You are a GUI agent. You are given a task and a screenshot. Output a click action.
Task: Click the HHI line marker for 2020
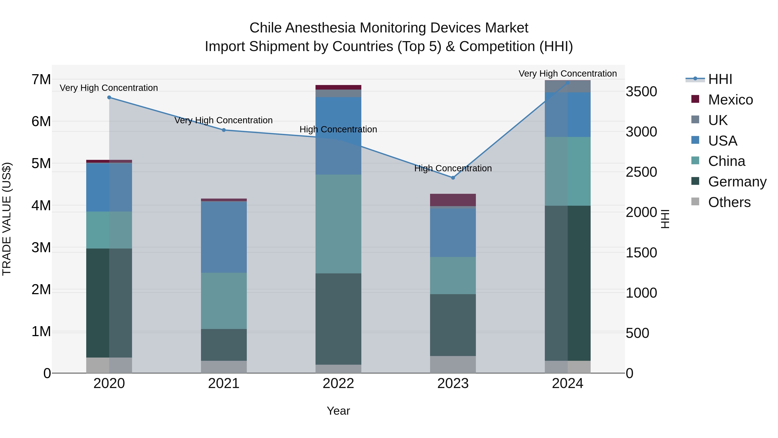pyautogui.click(x=109, y=97)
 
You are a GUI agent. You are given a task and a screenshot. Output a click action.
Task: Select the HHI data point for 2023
pyautogui.click(x=453, y=178)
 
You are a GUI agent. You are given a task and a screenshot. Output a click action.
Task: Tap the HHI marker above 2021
pyautogui.click(x=224, y=130)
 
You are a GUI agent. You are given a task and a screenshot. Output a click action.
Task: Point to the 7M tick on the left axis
pyautogui.click(x=41, y=80)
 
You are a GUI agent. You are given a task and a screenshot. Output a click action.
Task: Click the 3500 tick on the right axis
pyautogui.click(x=641, y=91)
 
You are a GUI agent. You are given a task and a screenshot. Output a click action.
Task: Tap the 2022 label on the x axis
pyautogui.click(x=338, y=383)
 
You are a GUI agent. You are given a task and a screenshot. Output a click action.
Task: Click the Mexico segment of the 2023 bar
pyautogui.click(x=453, y=200)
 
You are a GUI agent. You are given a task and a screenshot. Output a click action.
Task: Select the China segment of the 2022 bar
pyautogui.click(x=338, y=224)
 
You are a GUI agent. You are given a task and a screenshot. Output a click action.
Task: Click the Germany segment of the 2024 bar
pyautogui.click(x=568, y=283)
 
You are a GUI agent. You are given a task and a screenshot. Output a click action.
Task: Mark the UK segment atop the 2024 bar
pyautogui.click(x=568, y=87)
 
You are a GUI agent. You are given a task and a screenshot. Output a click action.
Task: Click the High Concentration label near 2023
pyautogui.click(x=453, y=168)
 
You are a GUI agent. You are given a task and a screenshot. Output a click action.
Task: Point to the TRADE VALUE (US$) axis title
pyautogui.click(x=7, y=219)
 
